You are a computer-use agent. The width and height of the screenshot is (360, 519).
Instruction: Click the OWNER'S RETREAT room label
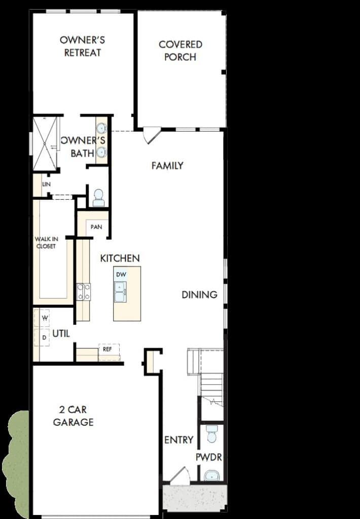(x=83, y=46)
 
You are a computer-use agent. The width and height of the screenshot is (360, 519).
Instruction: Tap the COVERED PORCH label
(x=181, y=51)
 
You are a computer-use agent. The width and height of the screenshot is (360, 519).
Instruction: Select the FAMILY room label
(x=167, y=166)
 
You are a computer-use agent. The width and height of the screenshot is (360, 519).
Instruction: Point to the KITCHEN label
(x=120, y=258)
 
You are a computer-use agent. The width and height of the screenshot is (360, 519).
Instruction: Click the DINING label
(x=199, y=294)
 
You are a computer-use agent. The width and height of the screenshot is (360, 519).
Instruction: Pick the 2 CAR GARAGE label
(x=73, y=416)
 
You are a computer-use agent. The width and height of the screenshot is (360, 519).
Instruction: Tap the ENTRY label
(x=179, y=440)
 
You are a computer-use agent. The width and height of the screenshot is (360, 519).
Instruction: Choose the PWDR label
(x=208, y=458)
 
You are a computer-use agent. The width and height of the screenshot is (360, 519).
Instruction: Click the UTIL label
(x=61, y=333)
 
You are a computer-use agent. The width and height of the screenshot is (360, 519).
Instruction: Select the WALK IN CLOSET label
(x=46, y=242)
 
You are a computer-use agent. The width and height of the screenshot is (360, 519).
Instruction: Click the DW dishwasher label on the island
(x=121, y=274)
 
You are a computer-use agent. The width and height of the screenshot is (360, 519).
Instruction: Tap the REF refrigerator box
(x=109, y=352)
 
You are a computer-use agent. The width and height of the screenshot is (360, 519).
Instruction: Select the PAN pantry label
(x=96, y=227)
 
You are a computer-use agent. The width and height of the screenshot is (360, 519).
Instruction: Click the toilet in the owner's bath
(x=99, y=198)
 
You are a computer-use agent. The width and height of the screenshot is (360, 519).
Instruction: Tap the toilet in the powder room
(x=211, y=434)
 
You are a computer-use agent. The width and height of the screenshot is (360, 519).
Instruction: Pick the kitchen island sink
(x=120, y=291)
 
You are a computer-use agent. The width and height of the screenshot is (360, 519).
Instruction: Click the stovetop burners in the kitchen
(x=84, y=292)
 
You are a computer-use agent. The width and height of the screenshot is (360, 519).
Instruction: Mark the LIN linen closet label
(x=46, y=184)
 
